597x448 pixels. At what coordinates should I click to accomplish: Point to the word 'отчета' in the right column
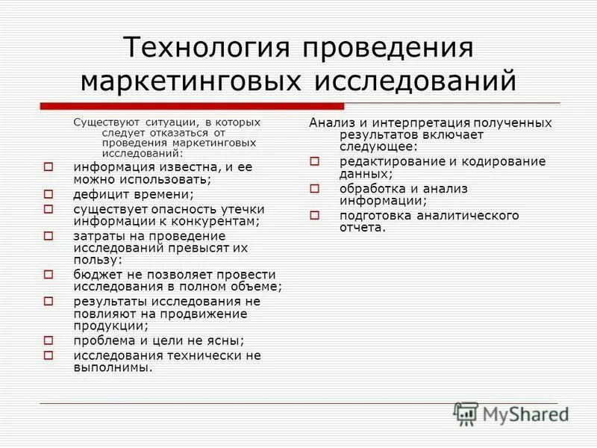361,228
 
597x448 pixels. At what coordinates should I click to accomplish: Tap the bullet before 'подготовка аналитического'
315,216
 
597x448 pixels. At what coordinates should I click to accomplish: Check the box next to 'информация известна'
49,167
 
